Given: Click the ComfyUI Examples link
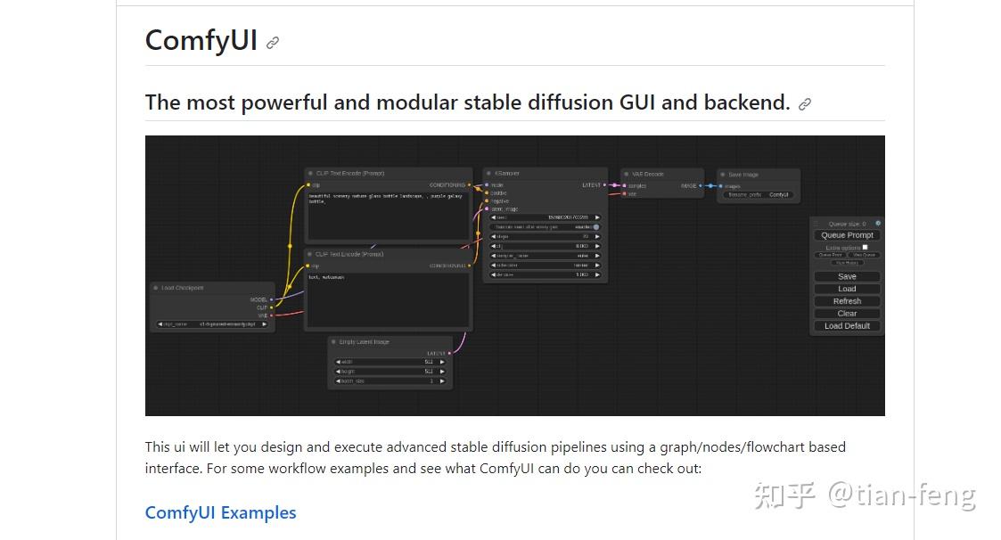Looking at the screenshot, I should tap(220, 512).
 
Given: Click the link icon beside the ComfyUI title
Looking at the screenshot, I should tap(273, 42).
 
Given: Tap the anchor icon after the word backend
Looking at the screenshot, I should tap(805, 104).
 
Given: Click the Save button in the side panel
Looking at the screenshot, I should tap(847, 276).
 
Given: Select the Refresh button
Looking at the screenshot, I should tap(847, 301).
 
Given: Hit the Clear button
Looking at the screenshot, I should tap(847, 314).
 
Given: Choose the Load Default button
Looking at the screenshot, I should tap(847, 326).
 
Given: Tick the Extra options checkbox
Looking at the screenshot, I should tap(865, 247).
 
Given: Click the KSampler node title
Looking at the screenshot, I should tap(507, 174).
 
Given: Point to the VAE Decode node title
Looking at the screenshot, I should tap(648, 175).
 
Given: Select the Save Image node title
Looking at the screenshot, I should tap(743, 175).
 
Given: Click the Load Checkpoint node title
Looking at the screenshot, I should tap(182, 288).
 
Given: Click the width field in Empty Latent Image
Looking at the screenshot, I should tap(390, 362).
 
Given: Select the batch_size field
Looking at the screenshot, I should tap(390, 381).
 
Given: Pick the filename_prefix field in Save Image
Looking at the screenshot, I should tap(759, 194).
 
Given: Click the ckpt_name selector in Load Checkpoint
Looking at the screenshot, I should tap(212, 324).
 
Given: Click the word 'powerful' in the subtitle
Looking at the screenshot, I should tap(284, 102).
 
